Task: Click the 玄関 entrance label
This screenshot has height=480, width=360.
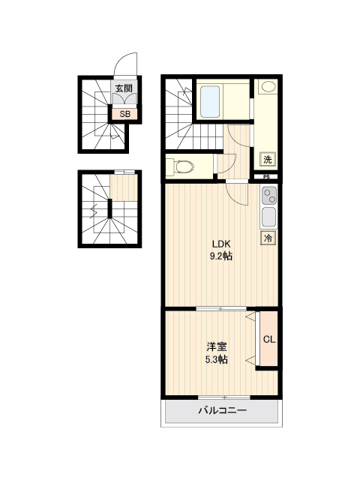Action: [x=124, y=88]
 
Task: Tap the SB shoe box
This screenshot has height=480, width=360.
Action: [x=124, y=114]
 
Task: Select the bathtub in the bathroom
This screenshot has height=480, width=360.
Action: [x=210, y=101]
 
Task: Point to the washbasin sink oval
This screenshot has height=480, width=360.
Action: [x=268, y=87]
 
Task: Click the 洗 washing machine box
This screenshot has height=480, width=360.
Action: [x=268, y=159]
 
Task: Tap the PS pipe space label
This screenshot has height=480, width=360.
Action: [x=266, y=177]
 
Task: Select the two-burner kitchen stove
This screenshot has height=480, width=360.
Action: [x=269, y=196]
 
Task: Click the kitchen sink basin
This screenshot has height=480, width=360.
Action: [x=269, y=217]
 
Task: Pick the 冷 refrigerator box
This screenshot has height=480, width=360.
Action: [x=268, y=238]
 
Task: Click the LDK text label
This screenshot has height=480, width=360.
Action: [x=221, y=244]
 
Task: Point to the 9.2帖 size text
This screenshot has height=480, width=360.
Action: [x=221, y=256]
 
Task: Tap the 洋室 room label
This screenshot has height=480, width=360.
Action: [x=217, y=347]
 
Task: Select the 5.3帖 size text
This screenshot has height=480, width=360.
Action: [x=217, y=359]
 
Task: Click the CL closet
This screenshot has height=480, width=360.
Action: [x=268, y=339]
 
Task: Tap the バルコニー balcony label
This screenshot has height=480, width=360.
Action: [x=222, y=410]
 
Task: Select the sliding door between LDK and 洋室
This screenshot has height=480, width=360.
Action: [x=221, y=308]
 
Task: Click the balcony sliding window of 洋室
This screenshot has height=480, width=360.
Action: [x=224, y=397]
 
